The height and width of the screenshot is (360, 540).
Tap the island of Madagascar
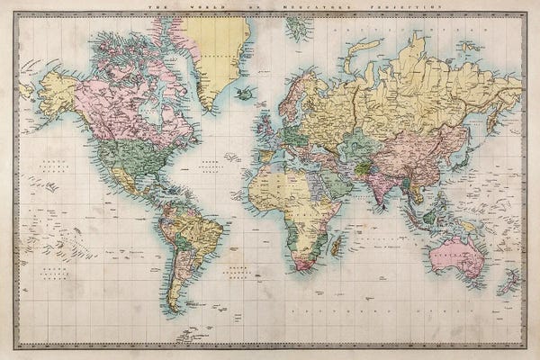335,241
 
